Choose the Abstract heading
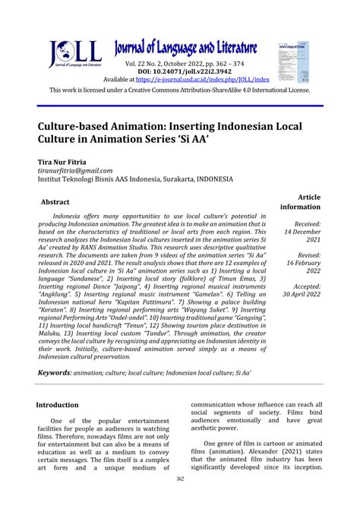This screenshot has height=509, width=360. pyautogui.click(x=55, y=202)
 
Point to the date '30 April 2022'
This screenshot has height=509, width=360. pyautogui.click(x=302, y=294)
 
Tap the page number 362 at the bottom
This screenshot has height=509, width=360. pyautogui.click(x=181, y=499)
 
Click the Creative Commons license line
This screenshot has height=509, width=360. pyautogui.click(x=180, y=90)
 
